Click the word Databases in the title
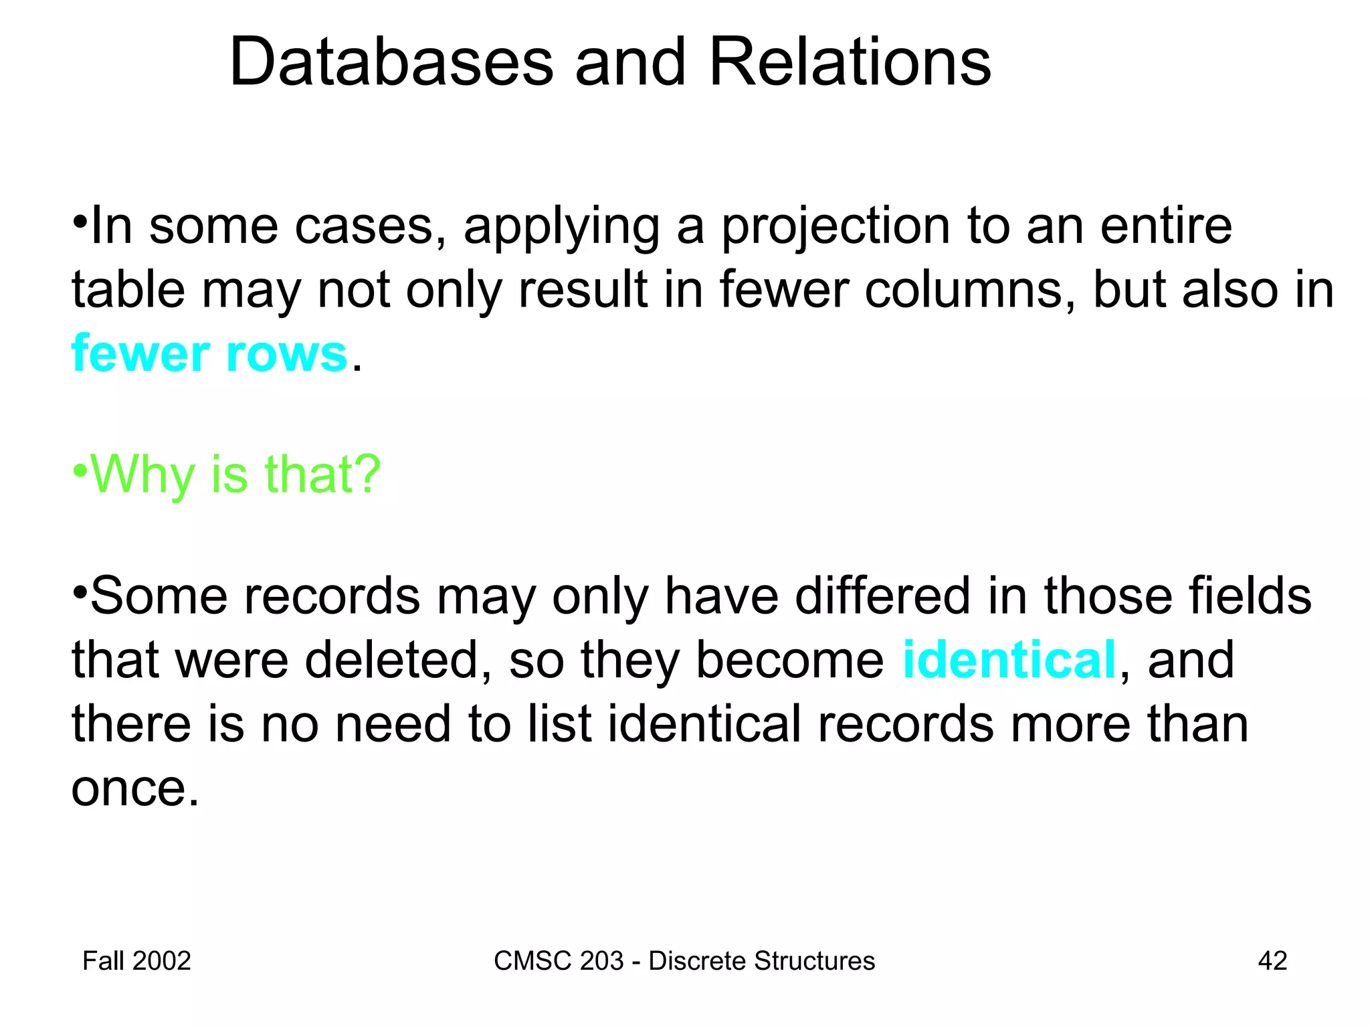(x=391, y=62)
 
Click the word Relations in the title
(x=850, y=62)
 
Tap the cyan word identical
(x=1009, y=660)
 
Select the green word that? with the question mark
(x=322, y=474)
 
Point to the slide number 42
(x=1272, y=961)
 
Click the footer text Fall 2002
(x=136, y=961)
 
